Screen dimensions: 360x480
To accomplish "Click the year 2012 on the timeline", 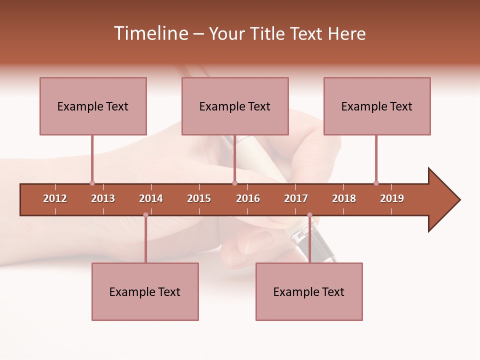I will (55, 198).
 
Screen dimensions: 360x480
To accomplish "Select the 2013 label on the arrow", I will (103, 198).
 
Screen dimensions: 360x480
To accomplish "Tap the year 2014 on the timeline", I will (151, 198).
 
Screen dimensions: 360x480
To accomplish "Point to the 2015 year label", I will (199, 198).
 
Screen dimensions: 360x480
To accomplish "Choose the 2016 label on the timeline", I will (248, 198).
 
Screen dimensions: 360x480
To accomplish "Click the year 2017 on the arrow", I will (296, 198).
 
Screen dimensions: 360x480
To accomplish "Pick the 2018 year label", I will (344, 198).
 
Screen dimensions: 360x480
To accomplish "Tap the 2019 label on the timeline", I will (392, 198).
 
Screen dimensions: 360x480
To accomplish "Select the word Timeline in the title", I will (150, 33).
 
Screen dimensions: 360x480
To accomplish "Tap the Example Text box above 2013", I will (93, 106).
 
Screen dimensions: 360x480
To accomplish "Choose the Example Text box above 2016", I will (235, 106).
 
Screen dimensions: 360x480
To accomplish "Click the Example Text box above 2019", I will (377, 106).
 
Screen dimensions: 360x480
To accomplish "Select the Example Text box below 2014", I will (145, 291).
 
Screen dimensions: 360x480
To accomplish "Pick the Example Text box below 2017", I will (309, 291).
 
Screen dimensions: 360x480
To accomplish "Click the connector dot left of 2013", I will (92, 183).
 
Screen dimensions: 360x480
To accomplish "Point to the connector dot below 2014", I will (145, 215).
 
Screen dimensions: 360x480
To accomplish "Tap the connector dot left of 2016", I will (234, 183).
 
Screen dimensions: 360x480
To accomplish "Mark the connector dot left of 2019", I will (376, 183).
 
